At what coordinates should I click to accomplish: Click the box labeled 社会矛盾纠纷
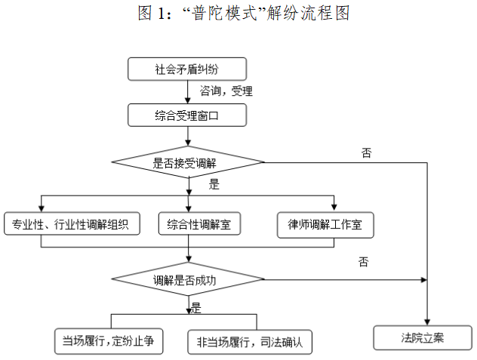pyautogui.click(x=187, y=69)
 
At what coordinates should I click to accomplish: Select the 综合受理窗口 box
pyautogui.click(x=187, y=115)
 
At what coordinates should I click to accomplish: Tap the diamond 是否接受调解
pyautogui.click(x=187, y=162)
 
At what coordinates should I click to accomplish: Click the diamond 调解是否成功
pyautogui.click(x=187, y=280)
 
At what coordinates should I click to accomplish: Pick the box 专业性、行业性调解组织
pyautogui.click(x=72, y=224)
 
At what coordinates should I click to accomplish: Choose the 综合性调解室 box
pyautogui.click(x=199, y=224)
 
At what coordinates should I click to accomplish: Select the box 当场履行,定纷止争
pyautogui.click(x=109, y=341)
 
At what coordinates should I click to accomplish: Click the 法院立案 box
pyautogui.click(x=423, y=337)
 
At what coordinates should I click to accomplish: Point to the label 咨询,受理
pyautogui.click(x=226, y=91)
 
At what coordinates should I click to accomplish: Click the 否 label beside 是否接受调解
pyautogui.click(x=366, y=152)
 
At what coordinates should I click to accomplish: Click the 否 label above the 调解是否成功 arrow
pyautogui.click(x=365, y=262)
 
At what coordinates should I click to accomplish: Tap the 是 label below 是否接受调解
pyautogui.click(x=214, y=184)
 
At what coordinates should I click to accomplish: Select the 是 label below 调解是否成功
pyautogui.click(x=196, y=306)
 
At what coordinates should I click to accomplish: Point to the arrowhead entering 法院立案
pyautogui.click(x=428, y=321)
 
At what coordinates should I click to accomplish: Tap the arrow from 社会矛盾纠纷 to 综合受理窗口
pyautogui.click(x=187, y=92)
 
